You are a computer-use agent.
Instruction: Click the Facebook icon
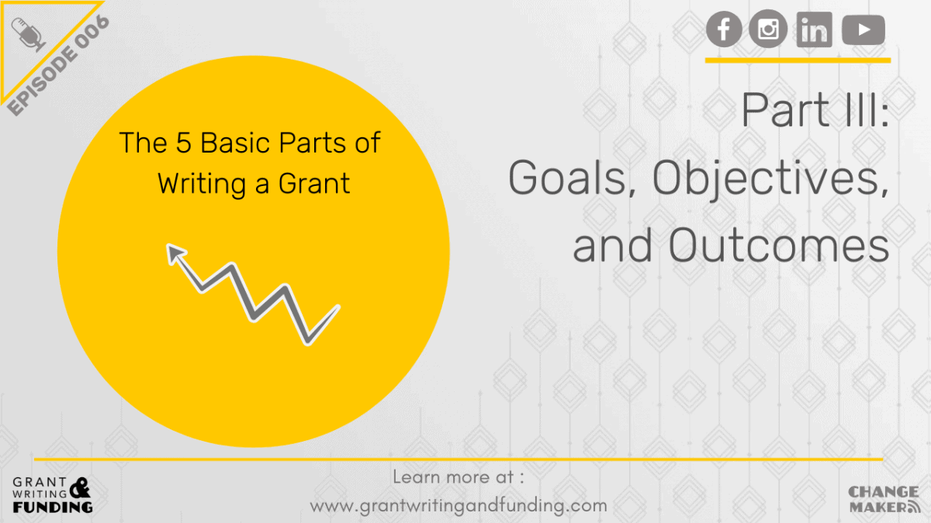pyautogui.click(x=725, y=30)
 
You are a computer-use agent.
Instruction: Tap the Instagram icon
pyautogui.click(x=768, y=30)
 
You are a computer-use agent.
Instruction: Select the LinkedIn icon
pyautogui.click(x=814, y=31)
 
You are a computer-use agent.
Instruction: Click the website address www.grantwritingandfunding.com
pyautogui.click(x=459, y=506)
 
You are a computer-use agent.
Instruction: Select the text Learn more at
pyautogui.click(x=459, y=477)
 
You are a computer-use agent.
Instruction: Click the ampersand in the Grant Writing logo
pyautogui.click(x=79, y=487)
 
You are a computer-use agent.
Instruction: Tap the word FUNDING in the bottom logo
pyautogui.click(x=53, y=507)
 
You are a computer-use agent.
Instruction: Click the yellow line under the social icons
pyautogui.click(x=798, y=60)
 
